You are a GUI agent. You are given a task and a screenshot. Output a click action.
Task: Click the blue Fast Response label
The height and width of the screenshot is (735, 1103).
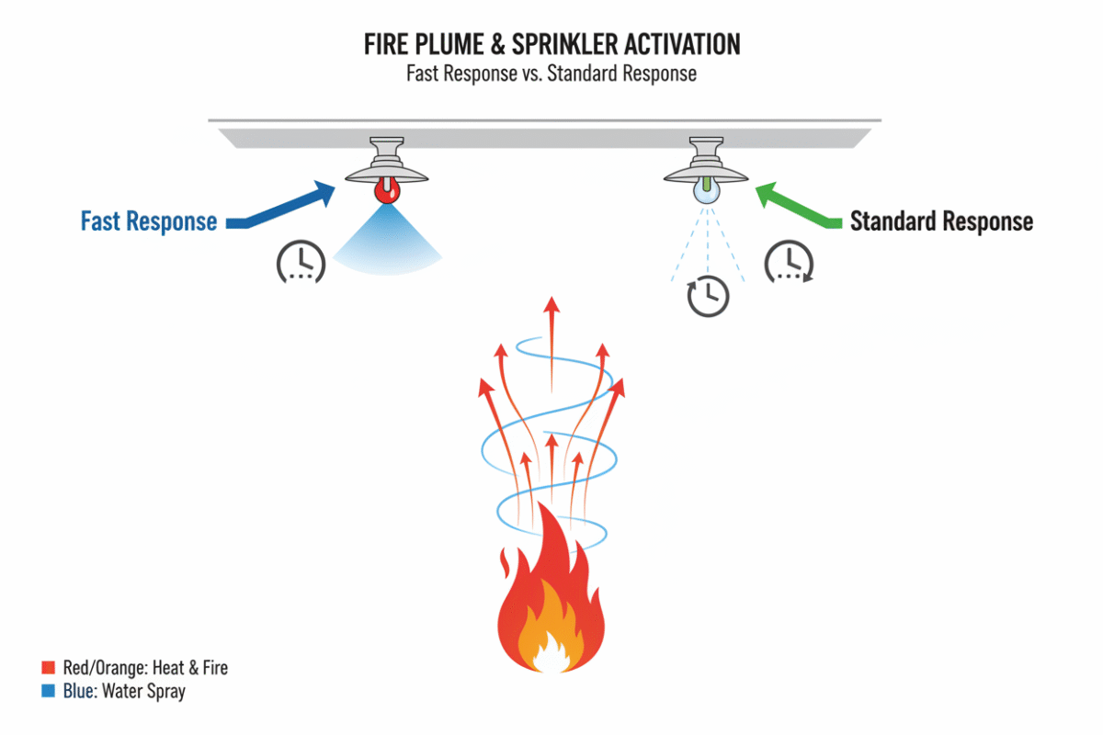click(149, 221)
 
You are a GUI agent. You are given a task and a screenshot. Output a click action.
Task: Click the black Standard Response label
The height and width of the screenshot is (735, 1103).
click(941, 221)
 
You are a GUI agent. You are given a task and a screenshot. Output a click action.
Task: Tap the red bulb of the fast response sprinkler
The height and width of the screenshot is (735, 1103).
click(386, 191)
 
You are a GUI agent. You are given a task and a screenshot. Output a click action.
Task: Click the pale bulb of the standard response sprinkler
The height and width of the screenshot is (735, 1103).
click(705, 192)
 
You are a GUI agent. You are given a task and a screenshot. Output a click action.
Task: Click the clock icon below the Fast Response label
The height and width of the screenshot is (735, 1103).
click(300, 262)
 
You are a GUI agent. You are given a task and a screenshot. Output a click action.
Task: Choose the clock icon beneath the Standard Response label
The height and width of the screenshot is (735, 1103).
click(788, 262)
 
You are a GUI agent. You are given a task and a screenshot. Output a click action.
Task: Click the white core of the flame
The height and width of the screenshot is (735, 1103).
click(551, 660)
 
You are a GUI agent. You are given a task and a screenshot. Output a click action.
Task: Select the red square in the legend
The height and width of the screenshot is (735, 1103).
click(49, 668)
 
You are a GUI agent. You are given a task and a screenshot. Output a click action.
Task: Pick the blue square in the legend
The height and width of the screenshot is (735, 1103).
click(49, 692)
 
